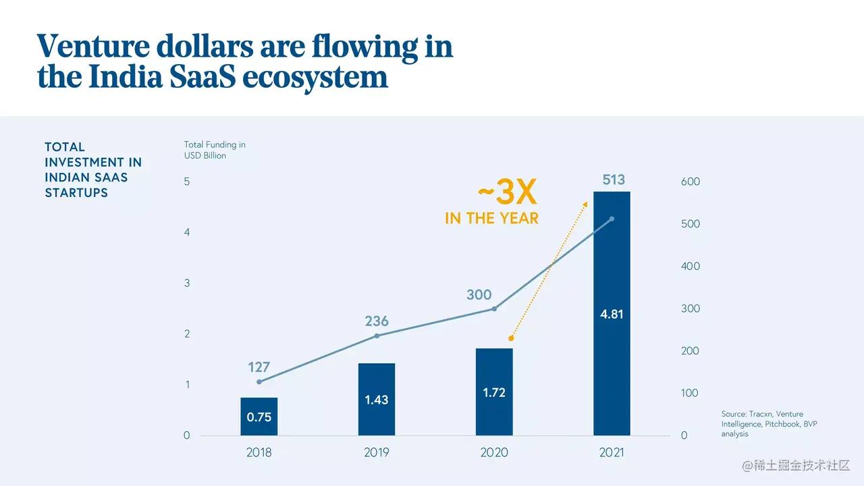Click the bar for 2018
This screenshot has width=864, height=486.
coord(259,416)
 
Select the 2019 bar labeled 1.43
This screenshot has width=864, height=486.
coord(376,399)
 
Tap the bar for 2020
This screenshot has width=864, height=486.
coord(494,391)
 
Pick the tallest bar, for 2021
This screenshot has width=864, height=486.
coord(612,313)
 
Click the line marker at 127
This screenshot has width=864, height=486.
coord(259,382)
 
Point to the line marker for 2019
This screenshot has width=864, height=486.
coord(377,335)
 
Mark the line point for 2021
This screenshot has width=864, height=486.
coord(612,219)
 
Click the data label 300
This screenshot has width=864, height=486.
coord(479,295)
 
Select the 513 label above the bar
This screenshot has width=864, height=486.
coord(614,180)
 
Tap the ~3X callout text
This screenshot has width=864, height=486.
coord(507,194)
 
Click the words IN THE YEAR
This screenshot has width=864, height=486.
coord(491,218)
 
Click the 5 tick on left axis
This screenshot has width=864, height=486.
coord(187,182)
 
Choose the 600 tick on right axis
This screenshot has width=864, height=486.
coord(690,182)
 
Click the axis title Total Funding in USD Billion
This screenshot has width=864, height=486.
coord(215,150)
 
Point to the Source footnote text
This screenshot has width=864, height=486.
coord(762,424)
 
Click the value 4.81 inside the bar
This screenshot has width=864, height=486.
coord(612,314)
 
